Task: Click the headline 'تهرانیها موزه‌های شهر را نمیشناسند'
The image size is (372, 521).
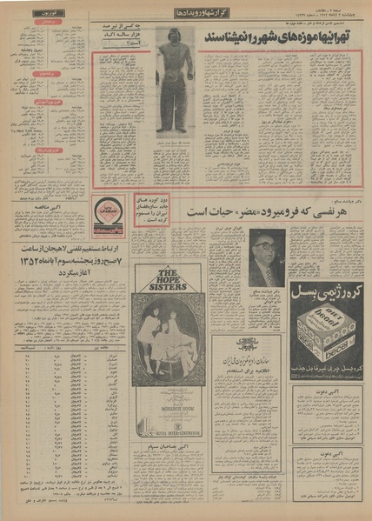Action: coord(277,39)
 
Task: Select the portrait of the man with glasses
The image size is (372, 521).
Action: coord(266,257)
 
